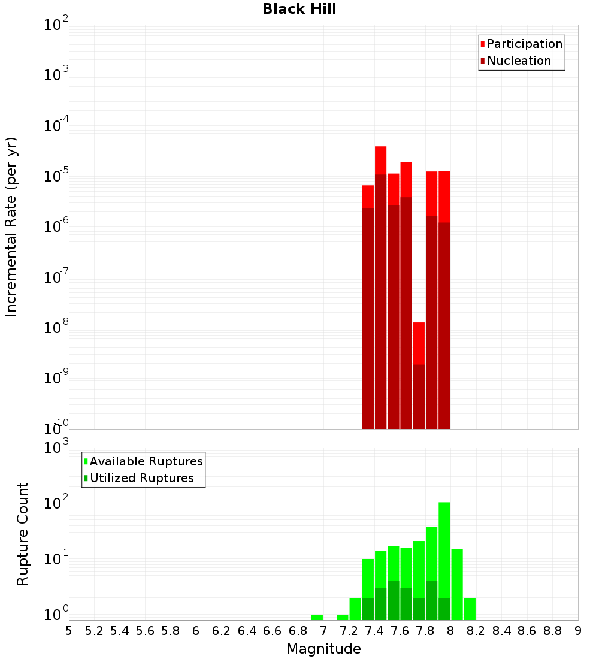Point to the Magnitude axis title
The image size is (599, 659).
tap(323, 649)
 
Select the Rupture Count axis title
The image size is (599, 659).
tap(23, 534)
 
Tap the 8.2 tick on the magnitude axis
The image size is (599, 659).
tap(476, 631)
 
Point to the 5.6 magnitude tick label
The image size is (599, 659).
tap(145, 631)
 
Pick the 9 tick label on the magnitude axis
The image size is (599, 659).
tap(578, 631)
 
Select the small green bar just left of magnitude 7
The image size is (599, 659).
tap(317, 617)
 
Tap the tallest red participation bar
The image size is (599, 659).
tap(380, 288)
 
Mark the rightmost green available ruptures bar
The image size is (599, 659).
tap(470, 609)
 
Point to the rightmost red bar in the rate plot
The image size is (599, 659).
tap(444, 300)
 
